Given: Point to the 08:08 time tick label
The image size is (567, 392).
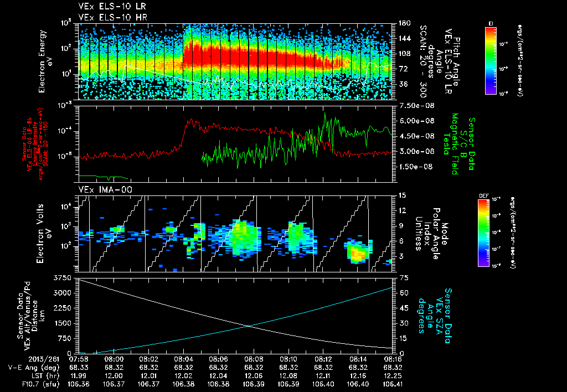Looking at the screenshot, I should tap(254, 358).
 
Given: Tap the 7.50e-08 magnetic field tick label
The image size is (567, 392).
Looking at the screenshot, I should tap(415, 106).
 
